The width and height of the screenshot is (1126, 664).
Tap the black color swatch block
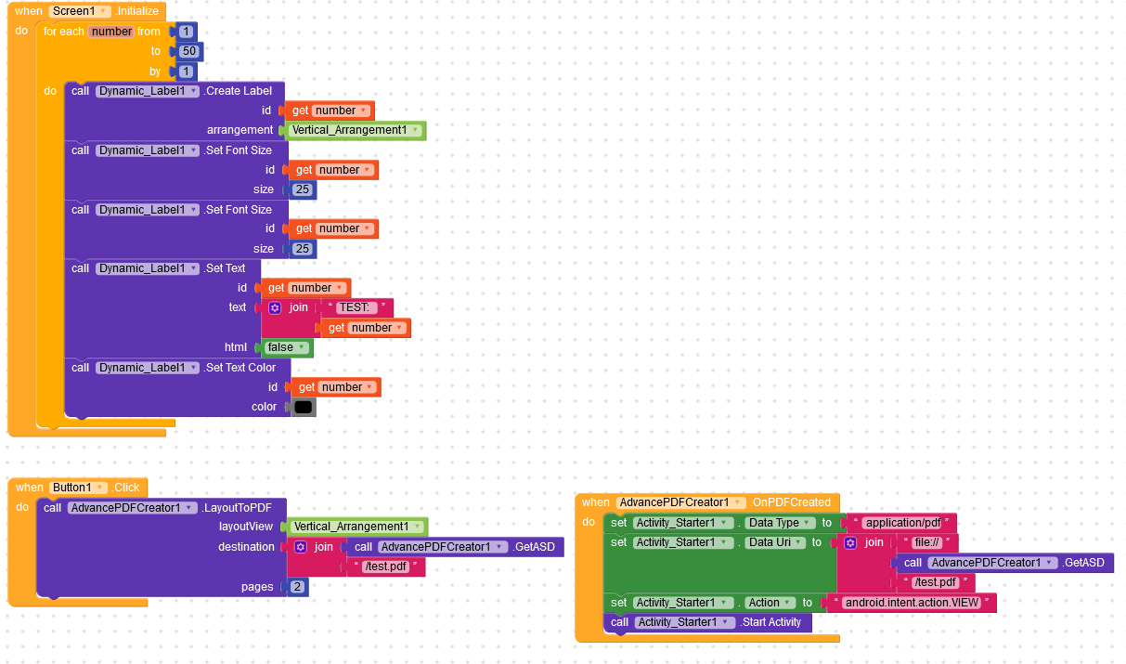pyautogui.click(x=304, y=407)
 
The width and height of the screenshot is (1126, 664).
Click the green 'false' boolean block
pyautogui.click(x=286, y=347)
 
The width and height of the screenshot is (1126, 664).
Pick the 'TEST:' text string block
pyautogui.click(x=355, y=307)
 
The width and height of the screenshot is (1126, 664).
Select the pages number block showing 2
pyautogui.click(x=297, y=587)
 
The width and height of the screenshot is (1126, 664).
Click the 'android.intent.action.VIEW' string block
pyautogui.click(x=913, y=603)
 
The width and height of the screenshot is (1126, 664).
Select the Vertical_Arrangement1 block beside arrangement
pyautogui.click(x=355, y=130)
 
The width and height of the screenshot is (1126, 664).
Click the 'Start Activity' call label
pyautogui.click(x=770, y=622)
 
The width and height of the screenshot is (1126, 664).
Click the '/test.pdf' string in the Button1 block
pyautogui.click(x=386, y=566)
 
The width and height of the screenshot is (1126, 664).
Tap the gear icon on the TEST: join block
pyautogui.click(x=275, y=307)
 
